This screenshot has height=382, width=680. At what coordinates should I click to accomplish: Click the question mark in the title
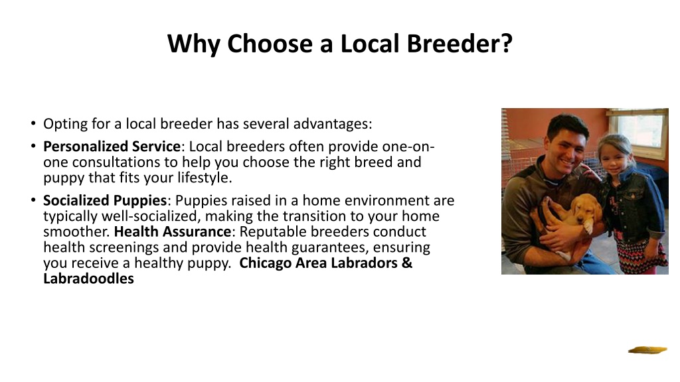[x=507, y=43]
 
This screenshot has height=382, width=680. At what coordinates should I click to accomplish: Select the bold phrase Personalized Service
[x=112, y=147]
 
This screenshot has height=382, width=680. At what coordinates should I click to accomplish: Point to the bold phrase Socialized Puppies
[x=105, y=200]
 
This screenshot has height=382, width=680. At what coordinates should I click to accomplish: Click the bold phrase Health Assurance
[x=173, y=231]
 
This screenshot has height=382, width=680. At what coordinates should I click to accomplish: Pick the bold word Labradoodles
[x=88, y=279]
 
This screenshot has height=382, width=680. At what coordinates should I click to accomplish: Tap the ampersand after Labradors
[x=407, y=263]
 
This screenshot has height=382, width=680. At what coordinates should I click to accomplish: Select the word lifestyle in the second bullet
[x=203, y=178]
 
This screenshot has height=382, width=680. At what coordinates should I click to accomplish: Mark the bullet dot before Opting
[x=33, y=123]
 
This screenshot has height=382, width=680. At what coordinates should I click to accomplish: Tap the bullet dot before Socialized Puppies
[x=33, y=200]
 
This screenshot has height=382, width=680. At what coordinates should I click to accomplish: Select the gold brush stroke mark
[x=648, y=350]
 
